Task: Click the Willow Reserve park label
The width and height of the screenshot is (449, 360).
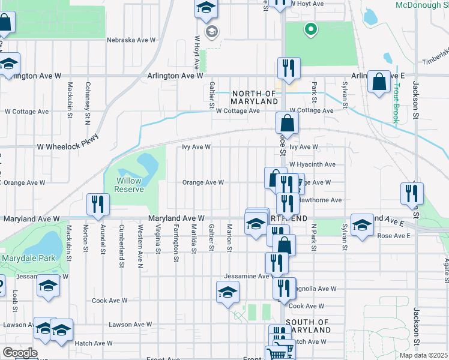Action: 130,184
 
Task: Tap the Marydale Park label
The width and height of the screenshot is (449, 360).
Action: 28,258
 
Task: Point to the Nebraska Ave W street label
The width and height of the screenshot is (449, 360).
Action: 131,40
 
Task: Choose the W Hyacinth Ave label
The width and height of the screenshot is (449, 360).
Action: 312,164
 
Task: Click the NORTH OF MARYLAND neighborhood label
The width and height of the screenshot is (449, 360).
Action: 254,97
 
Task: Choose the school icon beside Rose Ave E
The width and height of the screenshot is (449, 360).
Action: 362,226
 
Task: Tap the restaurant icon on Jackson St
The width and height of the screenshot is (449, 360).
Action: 412,193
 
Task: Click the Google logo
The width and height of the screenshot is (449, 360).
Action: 19,353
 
